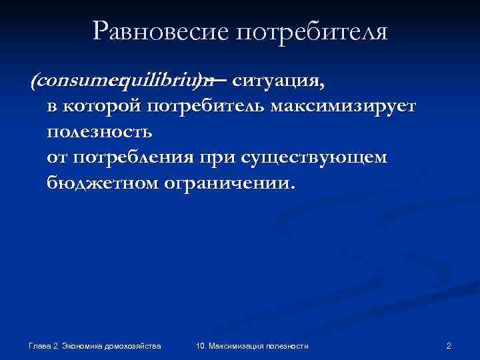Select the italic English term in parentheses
[x=123, y=81]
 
